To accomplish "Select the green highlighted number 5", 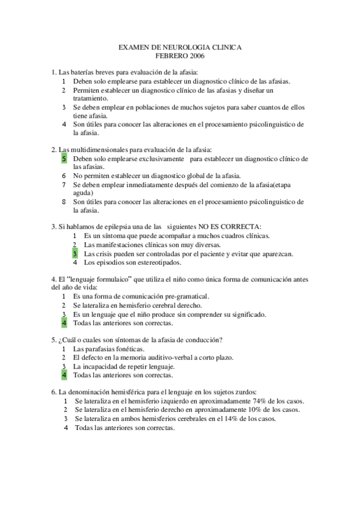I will click(x=64, y=159).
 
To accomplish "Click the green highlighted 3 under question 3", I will click(x=75, y=254).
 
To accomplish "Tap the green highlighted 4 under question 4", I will click(x=64, y=323).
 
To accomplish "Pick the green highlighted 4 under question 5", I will click(x=64, y=375).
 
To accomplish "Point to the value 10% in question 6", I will click(x=249, y=410).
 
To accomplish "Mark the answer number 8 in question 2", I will click(x=64, y=202).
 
